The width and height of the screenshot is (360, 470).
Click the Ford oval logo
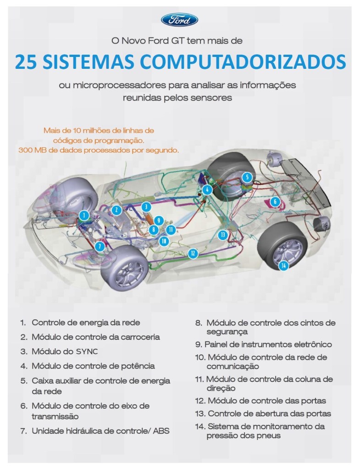pos(180,20)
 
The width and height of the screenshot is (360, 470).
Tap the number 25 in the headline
pos(26,62)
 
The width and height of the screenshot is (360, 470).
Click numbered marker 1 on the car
pos(84,215)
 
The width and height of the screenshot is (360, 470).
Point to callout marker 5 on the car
pos(247,177)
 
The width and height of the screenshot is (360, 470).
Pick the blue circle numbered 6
pos(275,202)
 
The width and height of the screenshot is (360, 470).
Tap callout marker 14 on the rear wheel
pos(283,265)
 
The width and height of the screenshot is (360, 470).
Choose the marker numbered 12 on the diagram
pos(193,253)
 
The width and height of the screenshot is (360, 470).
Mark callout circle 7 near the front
pos(100,246)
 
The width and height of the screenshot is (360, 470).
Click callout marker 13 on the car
pos(223,235)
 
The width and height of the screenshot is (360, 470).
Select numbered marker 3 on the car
pos(146,207)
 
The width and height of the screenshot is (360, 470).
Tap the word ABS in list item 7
pos(161,431)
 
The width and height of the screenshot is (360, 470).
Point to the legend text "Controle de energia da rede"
pos(86,323)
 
